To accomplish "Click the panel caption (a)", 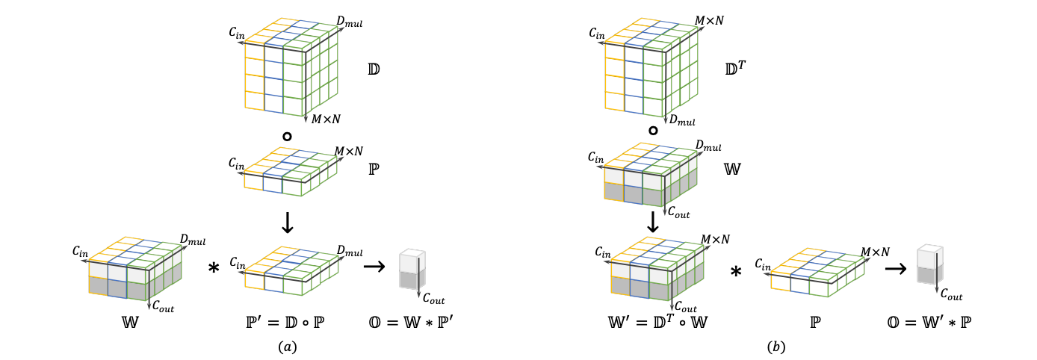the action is [288, 347].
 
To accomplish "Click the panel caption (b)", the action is [776, 347].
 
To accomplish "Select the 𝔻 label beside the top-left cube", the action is [374, 69].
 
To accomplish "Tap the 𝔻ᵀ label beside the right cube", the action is [735, 68].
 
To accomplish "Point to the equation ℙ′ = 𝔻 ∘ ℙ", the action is [285, 322].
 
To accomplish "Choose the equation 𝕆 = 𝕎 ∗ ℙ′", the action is [411, 322].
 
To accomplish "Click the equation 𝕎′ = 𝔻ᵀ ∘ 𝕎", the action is [658, 322].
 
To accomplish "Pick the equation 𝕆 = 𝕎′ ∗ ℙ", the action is [929, 322].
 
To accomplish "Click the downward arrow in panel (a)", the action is [288, 223].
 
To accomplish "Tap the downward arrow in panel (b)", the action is [653, 222].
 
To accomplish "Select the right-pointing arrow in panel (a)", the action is [374, 267].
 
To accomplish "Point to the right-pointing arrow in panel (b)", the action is [896, 268].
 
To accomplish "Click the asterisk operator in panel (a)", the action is [214, 268].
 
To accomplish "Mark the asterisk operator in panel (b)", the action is [736, 272].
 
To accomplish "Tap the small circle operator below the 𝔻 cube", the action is [287, 137].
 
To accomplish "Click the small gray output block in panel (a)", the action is [412, 270].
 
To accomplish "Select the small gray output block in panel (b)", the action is [929, 264].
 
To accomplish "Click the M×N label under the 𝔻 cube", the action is [326, 120].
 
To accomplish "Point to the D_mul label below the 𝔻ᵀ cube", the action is [682, 120].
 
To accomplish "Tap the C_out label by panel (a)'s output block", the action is [434, 299].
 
